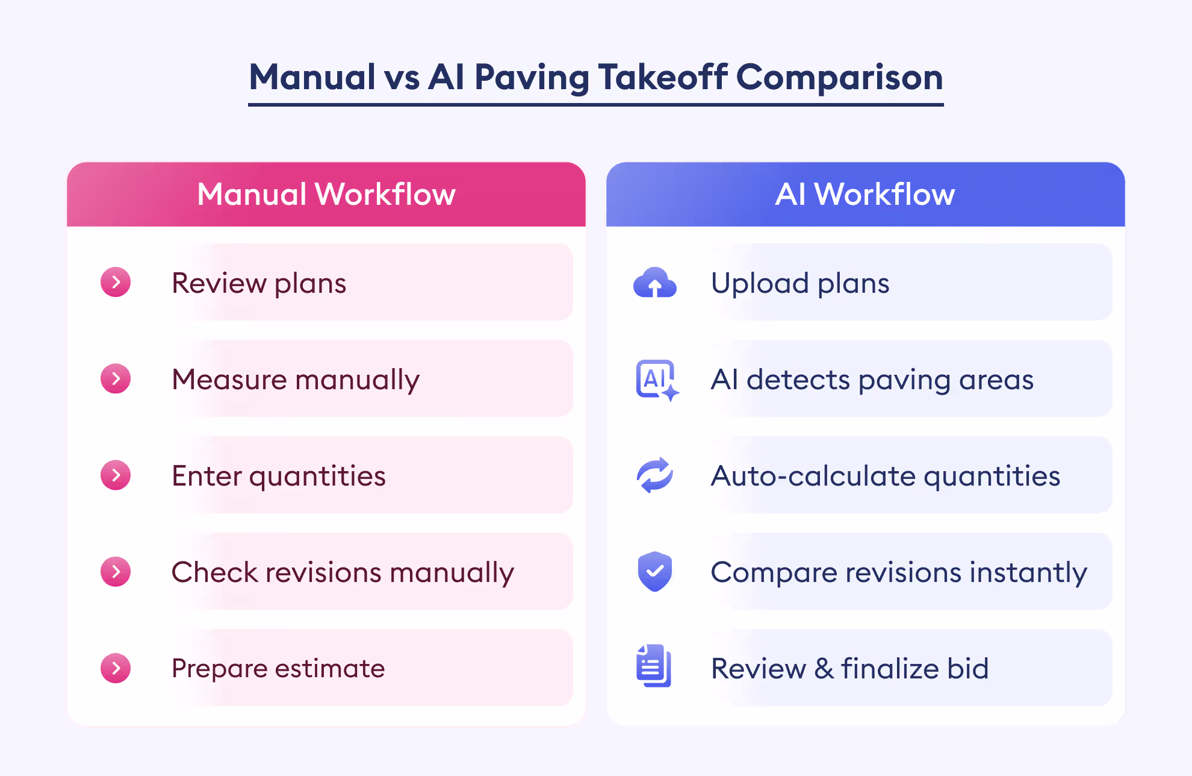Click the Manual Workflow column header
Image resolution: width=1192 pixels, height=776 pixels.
click(x=326, y=194)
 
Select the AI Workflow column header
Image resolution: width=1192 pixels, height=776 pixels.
click(x=865, y=194)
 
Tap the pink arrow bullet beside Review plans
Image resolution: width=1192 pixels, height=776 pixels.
click(x=116, y=282)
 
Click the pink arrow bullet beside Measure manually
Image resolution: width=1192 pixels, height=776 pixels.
click(x=116, y=378)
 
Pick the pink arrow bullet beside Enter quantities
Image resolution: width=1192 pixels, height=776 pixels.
click(x=116, y=475)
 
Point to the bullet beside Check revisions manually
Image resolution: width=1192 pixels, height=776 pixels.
click(x=116, y=571)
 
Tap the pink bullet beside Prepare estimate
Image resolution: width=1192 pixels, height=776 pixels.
click(x=116, y=668)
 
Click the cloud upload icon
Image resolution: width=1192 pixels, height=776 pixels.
click(x=655, y=282)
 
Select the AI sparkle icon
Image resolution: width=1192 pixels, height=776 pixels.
click(x=657, y=380)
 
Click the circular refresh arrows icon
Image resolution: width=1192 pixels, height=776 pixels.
click(x=655, y=475)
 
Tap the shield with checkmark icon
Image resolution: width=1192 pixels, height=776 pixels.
click(x=655, y=571)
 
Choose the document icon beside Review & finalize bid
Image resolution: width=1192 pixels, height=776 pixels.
click(x=654, y=666)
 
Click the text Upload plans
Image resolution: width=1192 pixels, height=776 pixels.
click(x=800, y=283)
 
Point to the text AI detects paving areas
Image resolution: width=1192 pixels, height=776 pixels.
click(x=872, y=380)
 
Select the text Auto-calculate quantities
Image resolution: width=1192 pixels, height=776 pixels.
click(x=886, y=476)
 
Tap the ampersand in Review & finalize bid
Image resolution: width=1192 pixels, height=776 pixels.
click(x=824, y=669)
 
